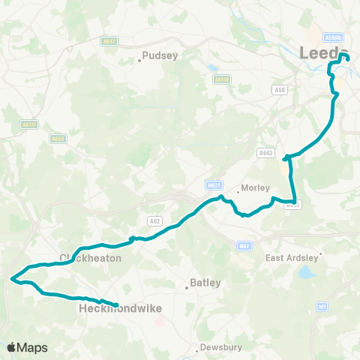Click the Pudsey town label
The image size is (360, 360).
pos(160,55)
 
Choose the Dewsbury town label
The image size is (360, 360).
pos(220,348)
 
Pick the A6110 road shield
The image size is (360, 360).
pos(221,79)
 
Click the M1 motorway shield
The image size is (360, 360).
pos(322,306)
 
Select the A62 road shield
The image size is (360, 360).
pos(155,220)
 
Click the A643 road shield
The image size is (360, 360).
pos(265,152)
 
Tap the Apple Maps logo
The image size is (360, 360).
pos(27,347)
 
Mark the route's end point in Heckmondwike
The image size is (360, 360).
pos(117,304)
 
